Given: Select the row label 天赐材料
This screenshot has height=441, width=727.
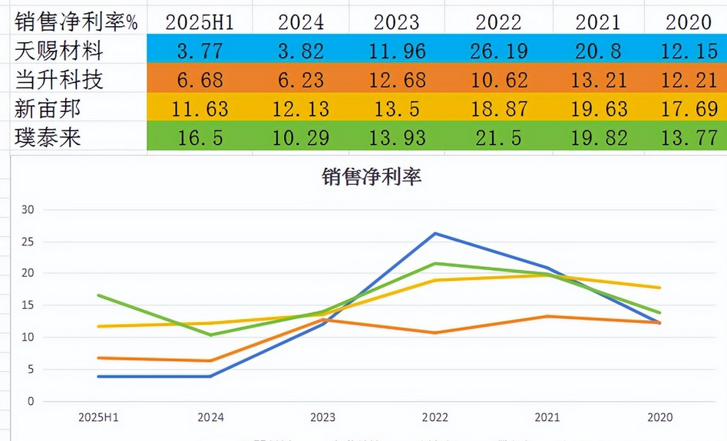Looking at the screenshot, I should pyautogui.click(x=59, y=51).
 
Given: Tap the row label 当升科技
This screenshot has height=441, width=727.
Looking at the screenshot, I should pyautogui.click(x=59, y=80).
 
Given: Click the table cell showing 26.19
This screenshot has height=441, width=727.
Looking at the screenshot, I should pyautogui.click(x=498, y=51).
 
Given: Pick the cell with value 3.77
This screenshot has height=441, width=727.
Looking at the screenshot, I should pyautogui.click(x=200, y=51).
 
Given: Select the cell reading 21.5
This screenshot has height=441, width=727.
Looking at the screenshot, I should pyautogui.click(x=498, y=137).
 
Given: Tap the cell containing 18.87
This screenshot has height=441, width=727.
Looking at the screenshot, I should pyautogui.click(x=498, y=108).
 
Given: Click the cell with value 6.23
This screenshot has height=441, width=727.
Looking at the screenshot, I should pyautogui.click(x=300, y=80).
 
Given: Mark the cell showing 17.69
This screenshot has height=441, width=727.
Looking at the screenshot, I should pyautogui.click(x=688, y=108).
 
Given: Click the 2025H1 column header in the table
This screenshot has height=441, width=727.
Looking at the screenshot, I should pyautogui.click(x=200, y=21).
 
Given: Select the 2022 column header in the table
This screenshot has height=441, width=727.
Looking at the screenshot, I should pyautogui.click(x=498, y=21).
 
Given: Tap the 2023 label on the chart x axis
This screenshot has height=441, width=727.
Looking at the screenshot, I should pyautogui.click(x=322, y=418).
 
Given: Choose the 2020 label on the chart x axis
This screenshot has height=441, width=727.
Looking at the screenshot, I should pyautogui.click(x=659, y=418).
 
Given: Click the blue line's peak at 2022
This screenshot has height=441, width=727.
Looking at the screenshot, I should pyautogui.click(x=435, y=233).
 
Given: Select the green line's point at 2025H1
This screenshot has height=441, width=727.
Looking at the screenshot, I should pyautogui.click(x=99, y=295).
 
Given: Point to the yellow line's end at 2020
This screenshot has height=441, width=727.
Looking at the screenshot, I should pyautogui.click(x=660, y=288).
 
